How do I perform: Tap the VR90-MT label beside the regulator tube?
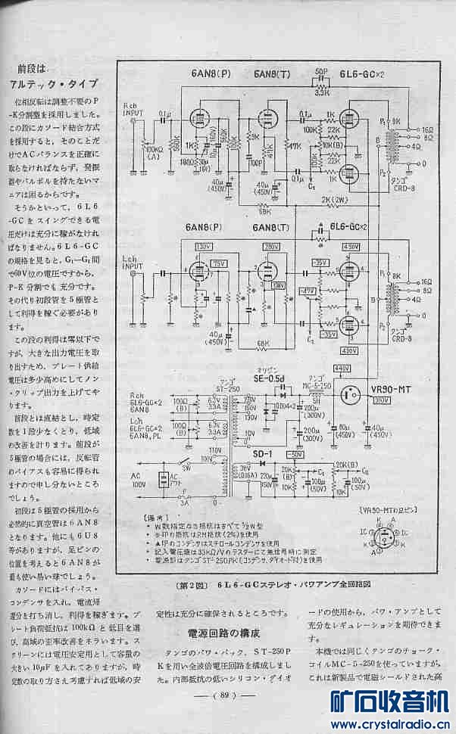pos(391,390)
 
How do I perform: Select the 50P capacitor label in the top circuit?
pos(321,73)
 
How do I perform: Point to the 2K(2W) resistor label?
pos(333,200)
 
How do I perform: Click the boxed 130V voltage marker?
pos(203,247)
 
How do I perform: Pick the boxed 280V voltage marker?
pos(271,247)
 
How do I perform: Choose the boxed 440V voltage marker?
pos(342,369)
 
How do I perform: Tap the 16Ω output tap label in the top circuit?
pos(428,129)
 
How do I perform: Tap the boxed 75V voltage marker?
pos(218,263)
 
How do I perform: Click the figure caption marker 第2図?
pos(193,585)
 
